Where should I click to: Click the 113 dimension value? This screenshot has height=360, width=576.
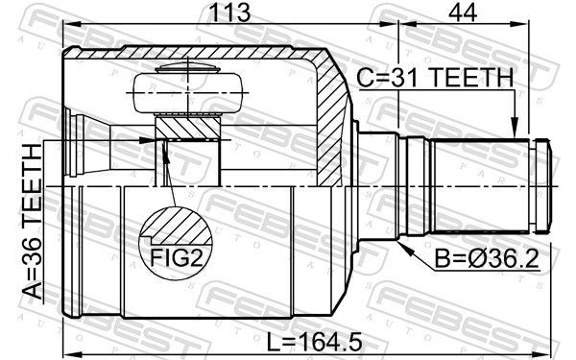[229, 12]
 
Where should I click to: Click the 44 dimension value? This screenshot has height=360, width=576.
[463, 12]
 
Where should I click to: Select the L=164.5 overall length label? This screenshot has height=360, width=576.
[314, 342]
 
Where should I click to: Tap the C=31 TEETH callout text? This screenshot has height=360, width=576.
[435, 78]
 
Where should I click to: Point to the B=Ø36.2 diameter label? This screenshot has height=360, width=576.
[487, 258]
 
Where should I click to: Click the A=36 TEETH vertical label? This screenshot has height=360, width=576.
[33, 222]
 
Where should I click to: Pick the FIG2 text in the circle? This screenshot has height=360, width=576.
[177, 258]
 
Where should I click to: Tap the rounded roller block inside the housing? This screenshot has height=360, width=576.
[188, 93]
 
